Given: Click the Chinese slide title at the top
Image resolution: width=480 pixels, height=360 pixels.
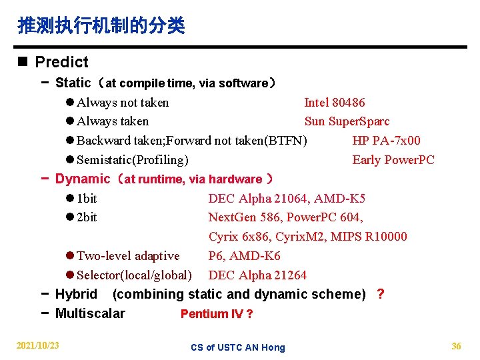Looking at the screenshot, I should pyautogui.click(x=101, y=26).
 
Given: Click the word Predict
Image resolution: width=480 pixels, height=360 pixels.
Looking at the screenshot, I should pyautogui.click(x=61, y=62).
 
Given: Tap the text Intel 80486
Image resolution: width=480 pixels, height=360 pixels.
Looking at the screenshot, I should pyautogui.click(x=334, y=103).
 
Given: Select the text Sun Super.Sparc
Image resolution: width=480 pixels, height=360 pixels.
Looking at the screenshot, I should pyautogui.click(x=347, y=121).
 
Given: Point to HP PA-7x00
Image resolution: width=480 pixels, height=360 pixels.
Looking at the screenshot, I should pyautogui.click(x=386, y=141).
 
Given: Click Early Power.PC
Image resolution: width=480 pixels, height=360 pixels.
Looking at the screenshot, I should pyautogui.click(x=393, y=160).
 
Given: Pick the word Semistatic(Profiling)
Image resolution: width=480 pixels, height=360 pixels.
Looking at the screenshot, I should pyautogui.click(x=132, y=160).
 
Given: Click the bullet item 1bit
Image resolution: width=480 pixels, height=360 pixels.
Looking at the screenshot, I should pyautogui.click(x=87, y=199).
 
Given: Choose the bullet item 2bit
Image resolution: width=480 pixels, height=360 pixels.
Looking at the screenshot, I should pyautogui.click(x=87, y=217).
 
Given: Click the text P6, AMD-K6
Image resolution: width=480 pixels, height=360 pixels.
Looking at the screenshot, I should pyautogui.click(x=244, y=256).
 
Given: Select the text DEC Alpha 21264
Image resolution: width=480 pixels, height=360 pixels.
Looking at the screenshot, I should pyautogui.click(x=257, y=275).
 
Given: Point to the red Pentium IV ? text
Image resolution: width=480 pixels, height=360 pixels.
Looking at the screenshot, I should pyautogui.click(x=217, y=314).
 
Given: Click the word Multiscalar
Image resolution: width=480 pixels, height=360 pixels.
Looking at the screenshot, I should pyautogui.click(x=90, y=313).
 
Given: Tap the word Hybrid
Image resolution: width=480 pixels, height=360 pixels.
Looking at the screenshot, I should pyautogui.click(x=76, y=294).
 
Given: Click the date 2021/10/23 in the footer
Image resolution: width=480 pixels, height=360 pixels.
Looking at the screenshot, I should pyautogui.click(x=37, y=345).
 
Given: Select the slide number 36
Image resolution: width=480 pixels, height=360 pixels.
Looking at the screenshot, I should pyautogui.click(x=456, y=345).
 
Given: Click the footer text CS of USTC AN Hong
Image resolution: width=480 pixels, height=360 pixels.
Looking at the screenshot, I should pyautogui.click(x=237, y=347).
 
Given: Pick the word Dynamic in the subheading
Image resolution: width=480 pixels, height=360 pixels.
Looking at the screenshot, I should pyautogui.click(x=82, y=179).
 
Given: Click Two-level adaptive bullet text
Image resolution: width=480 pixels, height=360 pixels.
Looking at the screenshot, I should pyautogui.click(x=128, y=256).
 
